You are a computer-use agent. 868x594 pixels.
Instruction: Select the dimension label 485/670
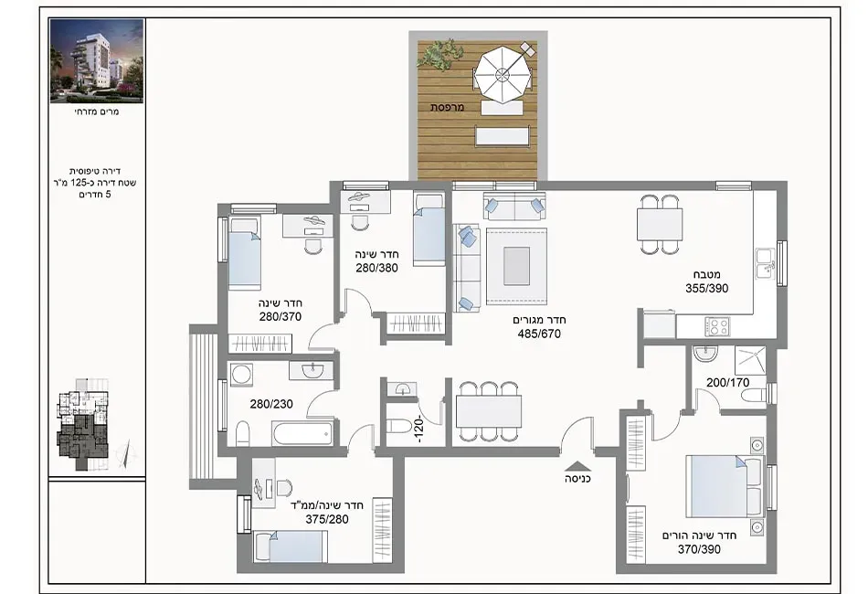pos(539,334)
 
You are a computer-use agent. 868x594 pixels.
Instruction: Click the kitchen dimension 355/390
pos(707,288)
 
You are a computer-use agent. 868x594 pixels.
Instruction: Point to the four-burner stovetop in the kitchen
pos(716,325)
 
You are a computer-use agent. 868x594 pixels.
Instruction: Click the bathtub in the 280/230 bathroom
pos(302,432)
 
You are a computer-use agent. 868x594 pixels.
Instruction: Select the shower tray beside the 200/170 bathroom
pos(751,360)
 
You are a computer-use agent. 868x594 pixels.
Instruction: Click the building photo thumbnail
pos(97,61)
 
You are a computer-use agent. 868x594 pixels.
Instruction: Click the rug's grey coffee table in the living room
pos(516,266)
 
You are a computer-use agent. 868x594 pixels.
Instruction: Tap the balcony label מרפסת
pos(448,107)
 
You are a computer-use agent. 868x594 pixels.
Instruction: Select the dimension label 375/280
pos(327,519)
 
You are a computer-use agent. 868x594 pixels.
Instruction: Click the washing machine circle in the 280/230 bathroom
pos(241,375)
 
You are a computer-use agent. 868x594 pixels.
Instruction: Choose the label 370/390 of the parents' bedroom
pos(699,549)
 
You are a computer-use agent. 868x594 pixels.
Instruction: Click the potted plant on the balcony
pos(440,54)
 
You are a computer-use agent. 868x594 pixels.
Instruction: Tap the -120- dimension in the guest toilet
pos(420,429)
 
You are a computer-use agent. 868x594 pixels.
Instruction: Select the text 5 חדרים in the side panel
pos(95,195)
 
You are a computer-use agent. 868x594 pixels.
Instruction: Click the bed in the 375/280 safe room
pos(291,546)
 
